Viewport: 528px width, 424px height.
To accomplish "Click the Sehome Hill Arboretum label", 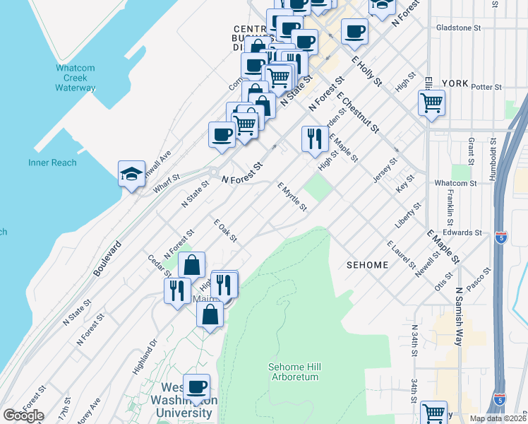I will pos(293,372).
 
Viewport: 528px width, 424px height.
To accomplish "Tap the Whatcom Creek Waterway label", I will pos(75,78).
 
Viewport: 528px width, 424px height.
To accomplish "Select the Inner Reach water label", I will pos(52,163).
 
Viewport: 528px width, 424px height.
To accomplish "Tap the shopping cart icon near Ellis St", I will pos(431,103).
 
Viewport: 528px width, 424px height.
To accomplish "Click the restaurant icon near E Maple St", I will pos(313,138).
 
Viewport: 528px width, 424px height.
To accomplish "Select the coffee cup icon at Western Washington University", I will pos(196,387).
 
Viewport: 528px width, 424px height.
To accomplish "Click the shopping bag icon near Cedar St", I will pos(192,266).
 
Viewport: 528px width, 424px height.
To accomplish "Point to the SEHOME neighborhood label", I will pos(367,265).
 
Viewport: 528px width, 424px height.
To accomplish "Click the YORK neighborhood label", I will pos(455,83).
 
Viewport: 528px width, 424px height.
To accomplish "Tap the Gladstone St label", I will pos(458,28).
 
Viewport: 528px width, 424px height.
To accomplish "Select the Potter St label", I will pos(486,88).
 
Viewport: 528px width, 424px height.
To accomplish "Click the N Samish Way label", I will pos(459,310).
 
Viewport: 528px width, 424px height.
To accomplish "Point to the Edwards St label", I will pos(463,232).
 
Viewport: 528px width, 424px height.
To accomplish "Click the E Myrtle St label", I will pos(292,196).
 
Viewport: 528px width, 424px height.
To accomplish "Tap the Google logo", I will pos(23,416).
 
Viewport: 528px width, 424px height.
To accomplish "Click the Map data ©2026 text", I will pos(498,418).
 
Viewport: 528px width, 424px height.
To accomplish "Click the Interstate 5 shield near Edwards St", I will pos(501,237).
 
